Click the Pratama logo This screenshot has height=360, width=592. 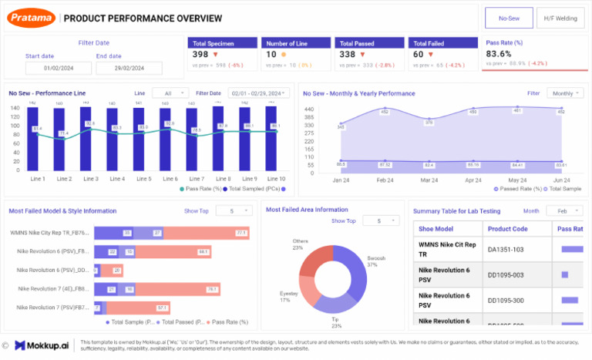pos(32,18)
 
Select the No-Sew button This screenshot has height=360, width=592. pos(508,18)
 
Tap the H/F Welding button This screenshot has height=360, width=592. pos(560,18)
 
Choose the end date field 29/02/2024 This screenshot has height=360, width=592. pos(129,68)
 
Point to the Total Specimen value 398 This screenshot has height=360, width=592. pos(200,54)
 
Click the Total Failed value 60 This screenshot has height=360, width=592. pos(418,54)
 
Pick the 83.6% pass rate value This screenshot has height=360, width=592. pos(499,54)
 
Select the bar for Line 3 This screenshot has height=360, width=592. pos(90,139)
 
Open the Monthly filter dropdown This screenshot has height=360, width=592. pos(564,93)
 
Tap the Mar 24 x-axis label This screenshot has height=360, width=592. pos(429,180)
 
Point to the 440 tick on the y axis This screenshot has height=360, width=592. pos(309,109)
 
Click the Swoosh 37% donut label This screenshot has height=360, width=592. pos(376,261)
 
